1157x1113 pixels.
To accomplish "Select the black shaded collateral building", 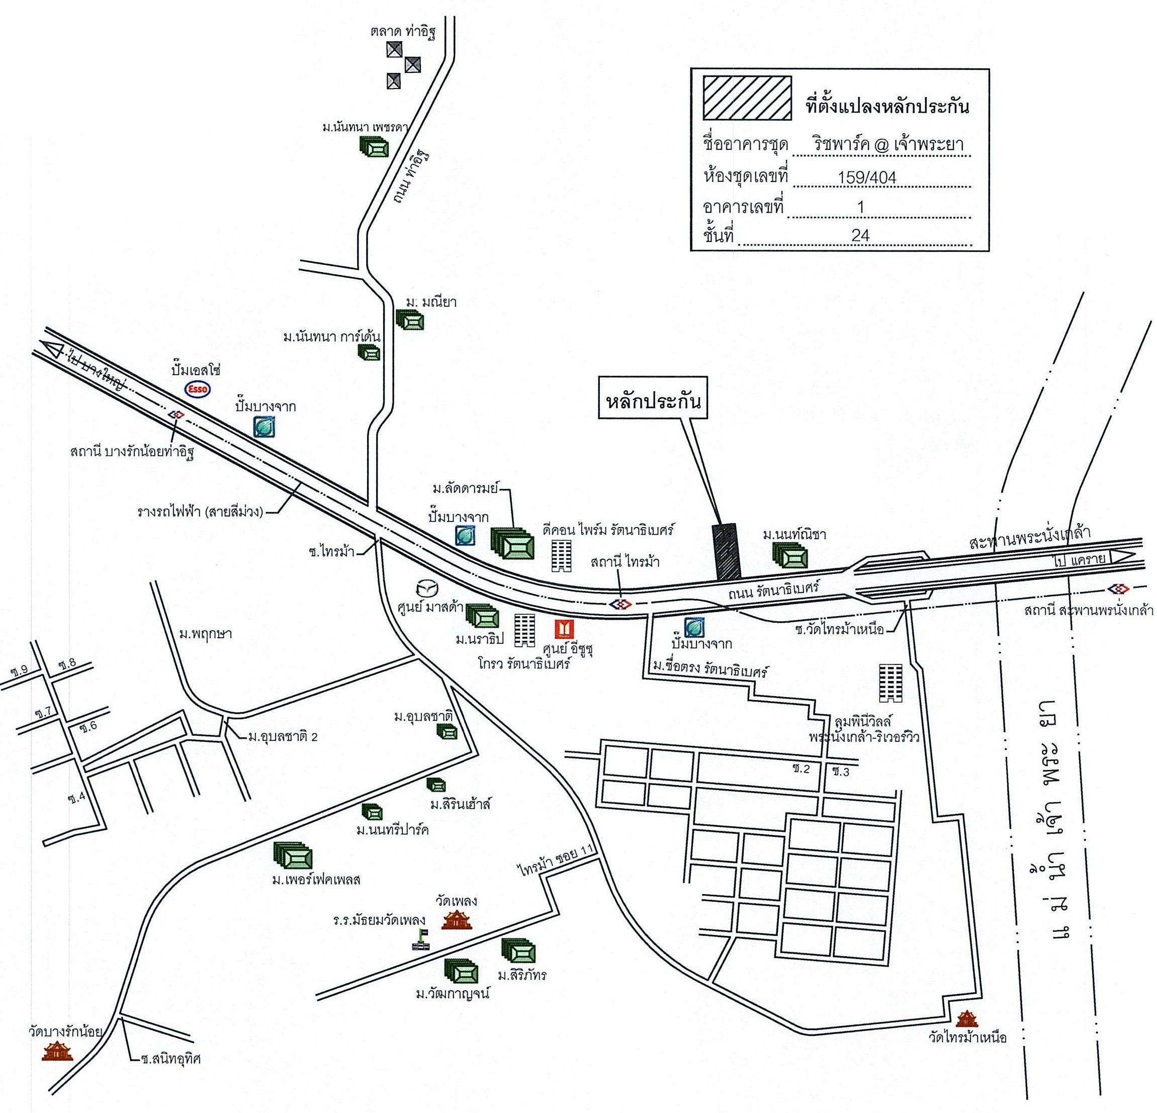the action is pos(727,551).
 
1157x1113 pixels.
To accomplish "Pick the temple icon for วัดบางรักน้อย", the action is pos(57,1048).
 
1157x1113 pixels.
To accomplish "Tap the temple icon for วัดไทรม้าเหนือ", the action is pos(966,1018).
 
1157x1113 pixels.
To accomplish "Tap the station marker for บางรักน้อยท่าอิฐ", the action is pos(176,414).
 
